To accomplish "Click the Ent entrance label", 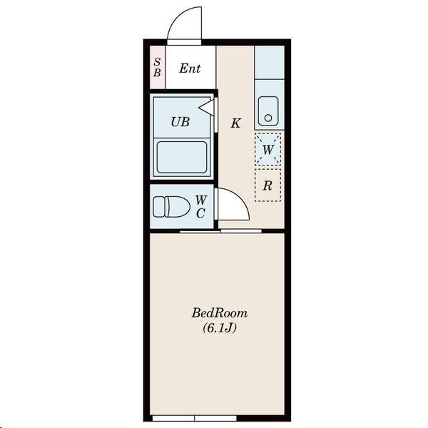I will pos(190,68).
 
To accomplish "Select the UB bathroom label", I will pos(180,121).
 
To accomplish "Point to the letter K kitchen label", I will pos(235,123).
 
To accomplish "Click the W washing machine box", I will pos(268,149).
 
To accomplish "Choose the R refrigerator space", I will pos(267,186).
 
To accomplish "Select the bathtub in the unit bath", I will pos(181,157).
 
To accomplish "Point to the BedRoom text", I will pos(219,312).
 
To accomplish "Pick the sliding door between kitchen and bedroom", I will pos(220,231).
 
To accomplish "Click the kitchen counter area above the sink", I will pos(269,63).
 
